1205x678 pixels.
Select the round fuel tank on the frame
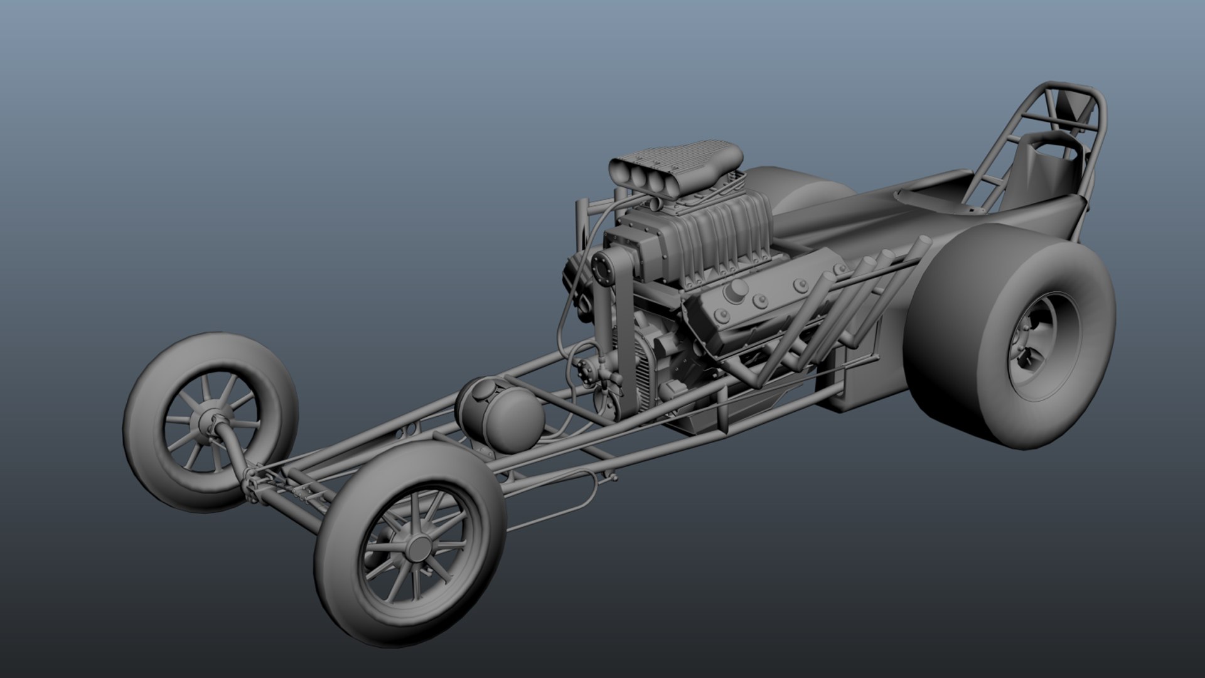pos(501,415)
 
